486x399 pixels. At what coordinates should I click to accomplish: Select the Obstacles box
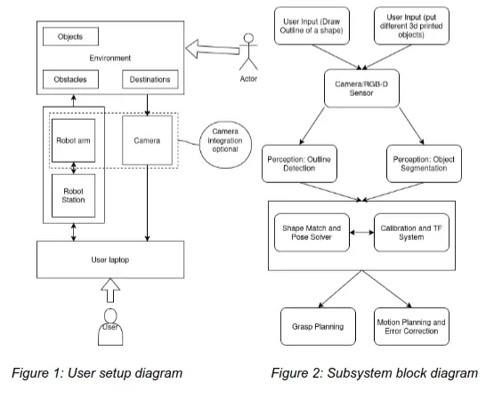[x=70, y=80]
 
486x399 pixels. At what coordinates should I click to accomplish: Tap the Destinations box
[x=150, y=80]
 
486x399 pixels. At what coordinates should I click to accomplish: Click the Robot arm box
[x=71, y=140]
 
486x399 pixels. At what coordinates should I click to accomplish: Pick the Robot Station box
[x=71, y=193]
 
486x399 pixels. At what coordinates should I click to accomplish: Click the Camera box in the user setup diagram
[x=147, y=140]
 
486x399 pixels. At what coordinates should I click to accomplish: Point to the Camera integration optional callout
[x=225, y=140]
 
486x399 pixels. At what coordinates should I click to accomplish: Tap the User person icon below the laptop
[x=109, y=327]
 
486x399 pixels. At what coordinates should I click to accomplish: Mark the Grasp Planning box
[x=312, y=326]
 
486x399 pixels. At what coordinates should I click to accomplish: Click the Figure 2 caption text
[x=375, y=373]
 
